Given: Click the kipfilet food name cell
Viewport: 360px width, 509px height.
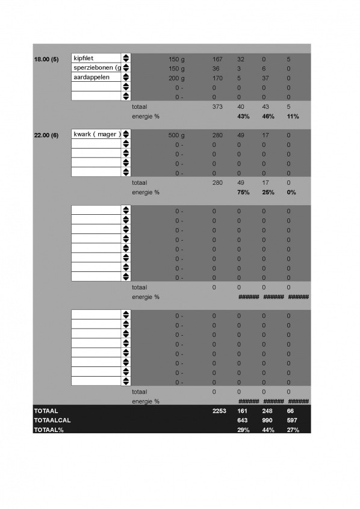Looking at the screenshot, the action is (x=96, y=58).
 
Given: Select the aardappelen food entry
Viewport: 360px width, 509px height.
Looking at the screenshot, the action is (x=96, y=78).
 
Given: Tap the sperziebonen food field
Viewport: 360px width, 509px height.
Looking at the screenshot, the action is (x=96, y=68).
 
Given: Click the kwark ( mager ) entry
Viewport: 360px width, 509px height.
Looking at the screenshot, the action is (x=96, y=134).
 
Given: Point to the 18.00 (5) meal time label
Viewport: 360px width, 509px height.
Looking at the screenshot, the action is (x=46, y=58).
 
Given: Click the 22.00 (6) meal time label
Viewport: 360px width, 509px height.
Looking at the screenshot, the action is (x=46, y=135).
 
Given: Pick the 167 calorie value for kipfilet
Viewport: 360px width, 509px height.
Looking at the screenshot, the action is (x=218, y=58).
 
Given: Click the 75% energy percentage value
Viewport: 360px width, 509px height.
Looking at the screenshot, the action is (x=243, y=193).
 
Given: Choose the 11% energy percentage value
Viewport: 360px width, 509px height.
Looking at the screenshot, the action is (x=293, y=116).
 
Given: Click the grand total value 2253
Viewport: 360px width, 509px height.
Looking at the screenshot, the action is (x=219, y=410).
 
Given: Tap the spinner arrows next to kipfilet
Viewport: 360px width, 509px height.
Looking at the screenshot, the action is (x=126, y=58).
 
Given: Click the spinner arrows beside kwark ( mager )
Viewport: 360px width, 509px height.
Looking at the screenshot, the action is (x=126, y=134).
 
